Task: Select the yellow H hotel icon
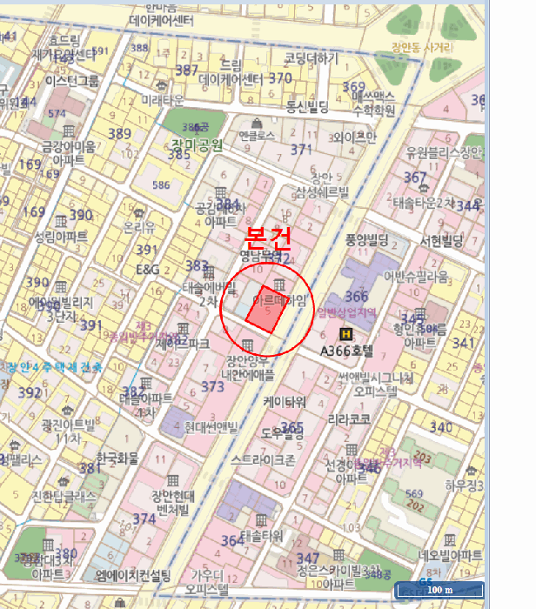(x=346, y=333)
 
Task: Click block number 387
(x=186, y=70)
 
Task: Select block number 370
(x=279, y=78)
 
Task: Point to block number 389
(x=119, y=133)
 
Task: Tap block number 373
(x=212, y=386)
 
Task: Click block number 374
(x=144, y=519)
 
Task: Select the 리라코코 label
(x=349, y=418)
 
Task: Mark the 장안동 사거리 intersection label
(x=421, y=47)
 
